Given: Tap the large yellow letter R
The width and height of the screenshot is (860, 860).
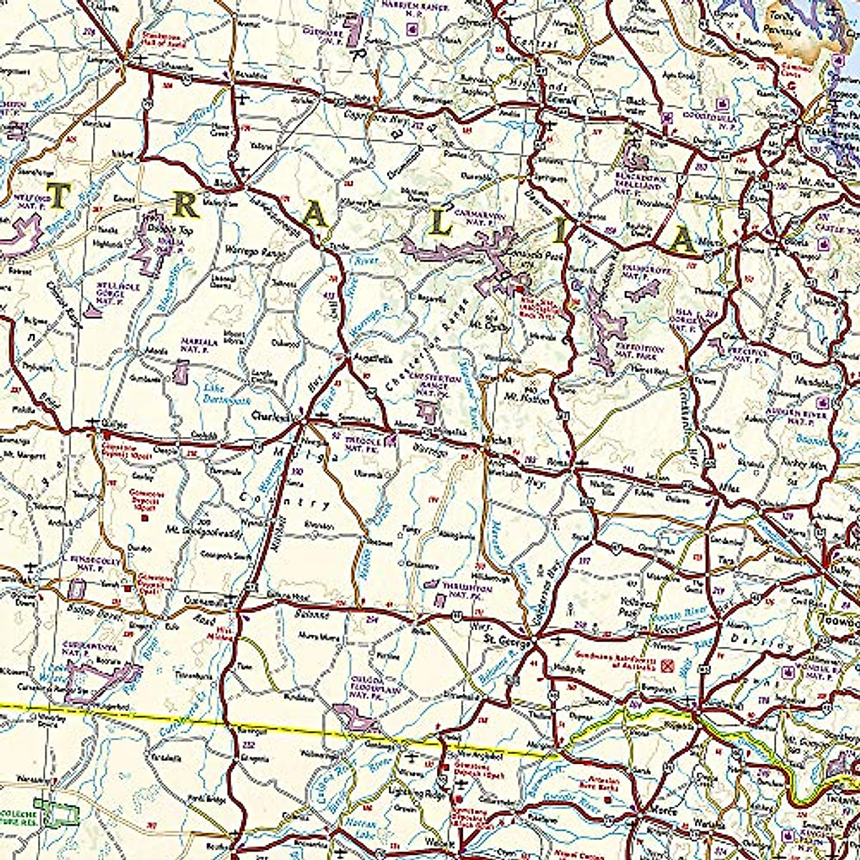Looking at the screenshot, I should (187, 206).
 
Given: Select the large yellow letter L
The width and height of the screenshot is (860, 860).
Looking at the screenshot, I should (442, 225).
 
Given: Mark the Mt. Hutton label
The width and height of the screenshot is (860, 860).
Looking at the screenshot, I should (530, 399).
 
